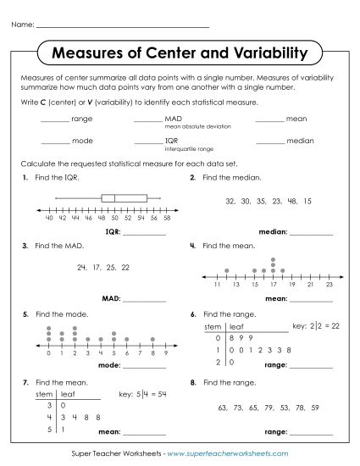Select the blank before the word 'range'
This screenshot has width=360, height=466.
[x=55, y=119]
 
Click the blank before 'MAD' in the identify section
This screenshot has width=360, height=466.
[x=148, y=119]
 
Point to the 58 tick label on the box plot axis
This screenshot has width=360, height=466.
[x=167, y=218]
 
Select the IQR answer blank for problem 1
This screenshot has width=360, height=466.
[x=145, y=230]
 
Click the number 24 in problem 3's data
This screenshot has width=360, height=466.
[x=81, y=267]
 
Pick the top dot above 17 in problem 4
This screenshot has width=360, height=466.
[x=273, y=259]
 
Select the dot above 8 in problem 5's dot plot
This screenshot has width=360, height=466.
[x=152, y=339]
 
